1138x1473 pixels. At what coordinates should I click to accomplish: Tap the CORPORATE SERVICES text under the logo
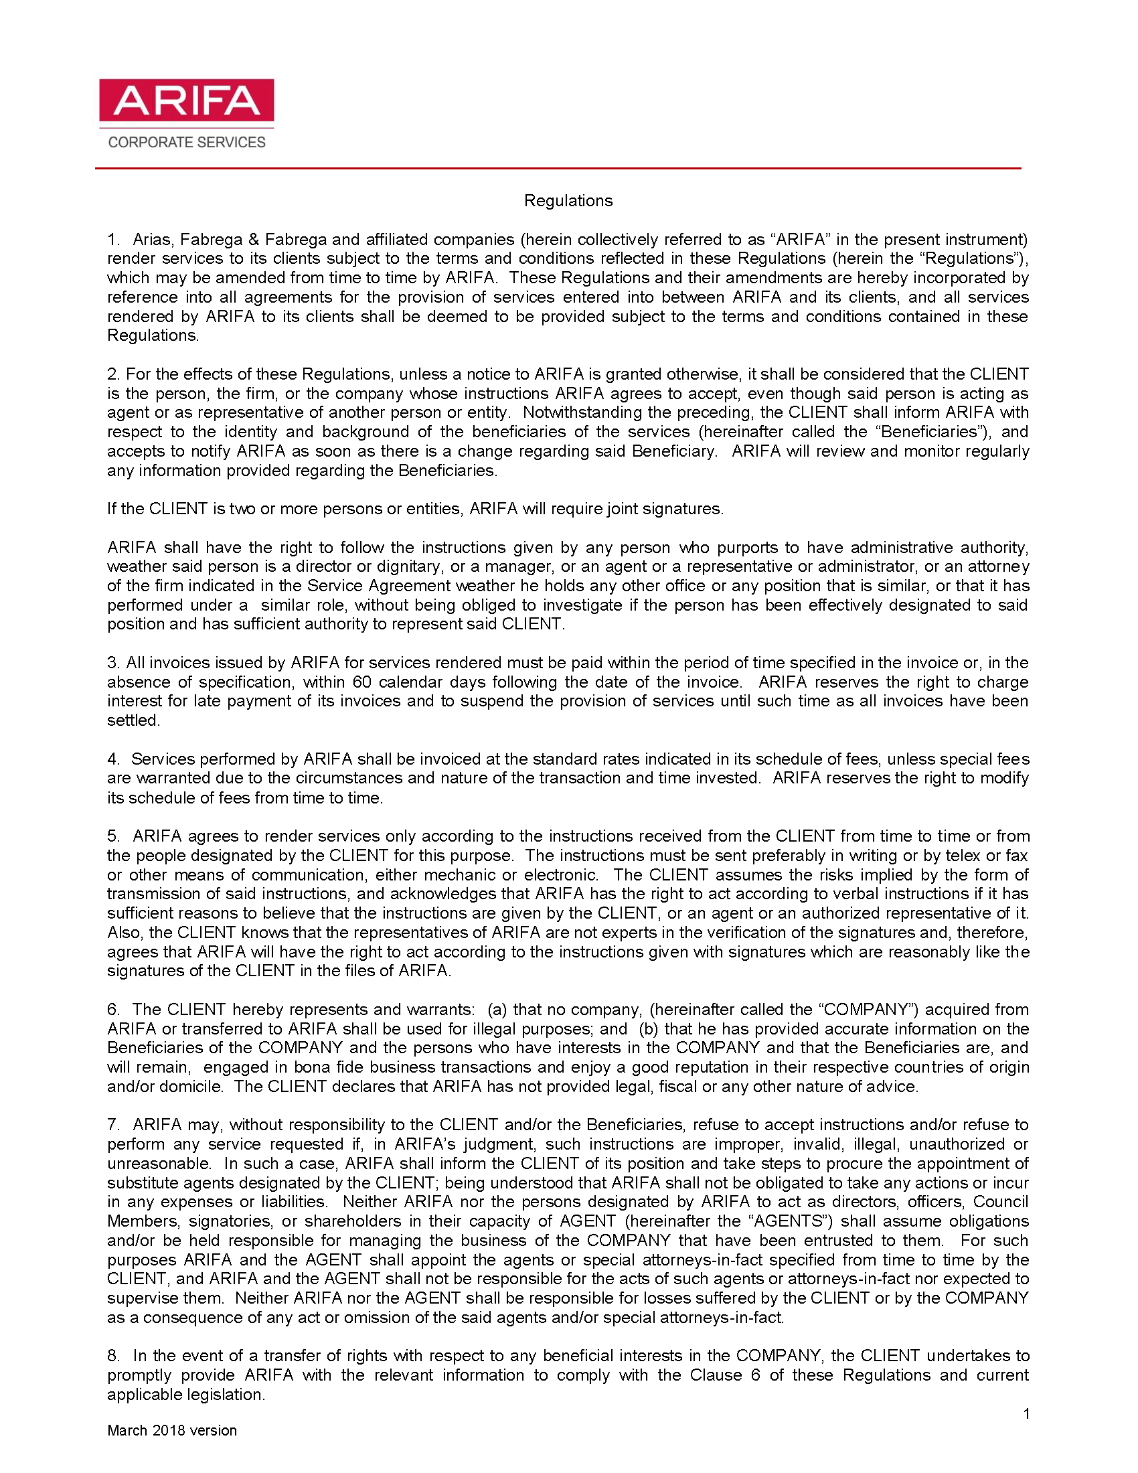187,143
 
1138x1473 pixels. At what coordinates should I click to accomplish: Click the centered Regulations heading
568,201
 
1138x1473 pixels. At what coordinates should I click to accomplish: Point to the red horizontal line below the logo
558,168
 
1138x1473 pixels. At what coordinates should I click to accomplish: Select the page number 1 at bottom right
1026,1414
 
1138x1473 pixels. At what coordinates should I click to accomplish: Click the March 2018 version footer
172,1431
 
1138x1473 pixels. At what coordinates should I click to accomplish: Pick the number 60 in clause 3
362,682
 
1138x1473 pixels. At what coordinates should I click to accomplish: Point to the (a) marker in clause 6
497,1010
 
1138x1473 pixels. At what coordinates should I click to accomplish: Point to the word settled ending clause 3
133,720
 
